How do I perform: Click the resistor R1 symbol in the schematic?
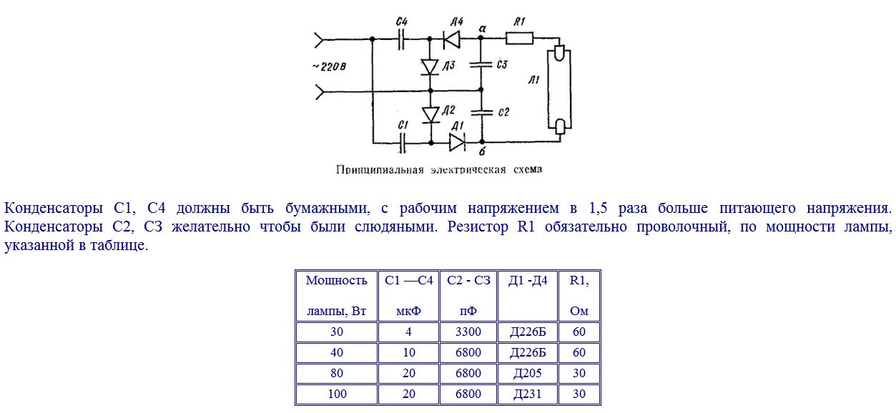click(520, 39)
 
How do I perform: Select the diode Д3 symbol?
click(430, 66)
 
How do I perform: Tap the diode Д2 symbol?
click(430, 114)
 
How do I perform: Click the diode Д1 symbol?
click(457, 142)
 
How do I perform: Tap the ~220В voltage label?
click(330, 66)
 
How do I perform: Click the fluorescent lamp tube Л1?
click(560, 89)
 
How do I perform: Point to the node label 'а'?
click(483, 29)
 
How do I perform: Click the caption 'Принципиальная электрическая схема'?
click(439, 170)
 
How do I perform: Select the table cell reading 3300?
click(468, 332)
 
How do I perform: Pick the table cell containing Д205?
click(528, 374)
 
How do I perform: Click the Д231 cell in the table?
click(528, 394)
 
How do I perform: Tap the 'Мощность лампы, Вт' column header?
click(337, 296)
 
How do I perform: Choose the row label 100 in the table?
click(337, 394)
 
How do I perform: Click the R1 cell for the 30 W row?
click(579, 332)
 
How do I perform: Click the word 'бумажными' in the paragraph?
click(328, 209)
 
